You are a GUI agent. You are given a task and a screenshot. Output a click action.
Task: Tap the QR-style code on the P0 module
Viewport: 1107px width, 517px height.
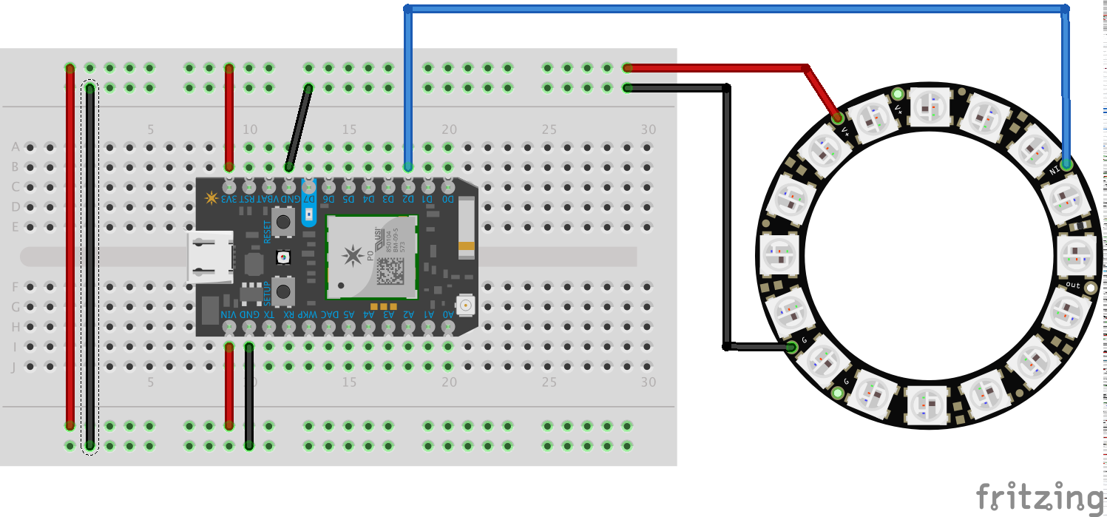(390, 271)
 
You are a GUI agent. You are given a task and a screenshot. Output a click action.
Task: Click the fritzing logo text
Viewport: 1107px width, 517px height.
(1039, 496)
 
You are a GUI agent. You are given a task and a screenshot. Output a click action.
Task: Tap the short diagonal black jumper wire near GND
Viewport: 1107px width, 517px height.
(298, 128)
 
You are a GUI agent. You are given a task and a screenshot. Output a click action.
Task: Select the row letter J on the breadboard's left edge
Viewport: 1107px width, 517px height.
(15, 366)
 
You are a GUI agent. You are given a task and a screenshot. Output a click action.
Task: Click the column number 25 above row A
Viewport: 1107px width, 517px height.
(548, 129)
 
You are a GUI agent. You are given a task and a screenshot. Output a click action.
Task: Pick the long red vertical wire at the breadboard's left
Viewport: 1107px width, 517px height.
(70, 244)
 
